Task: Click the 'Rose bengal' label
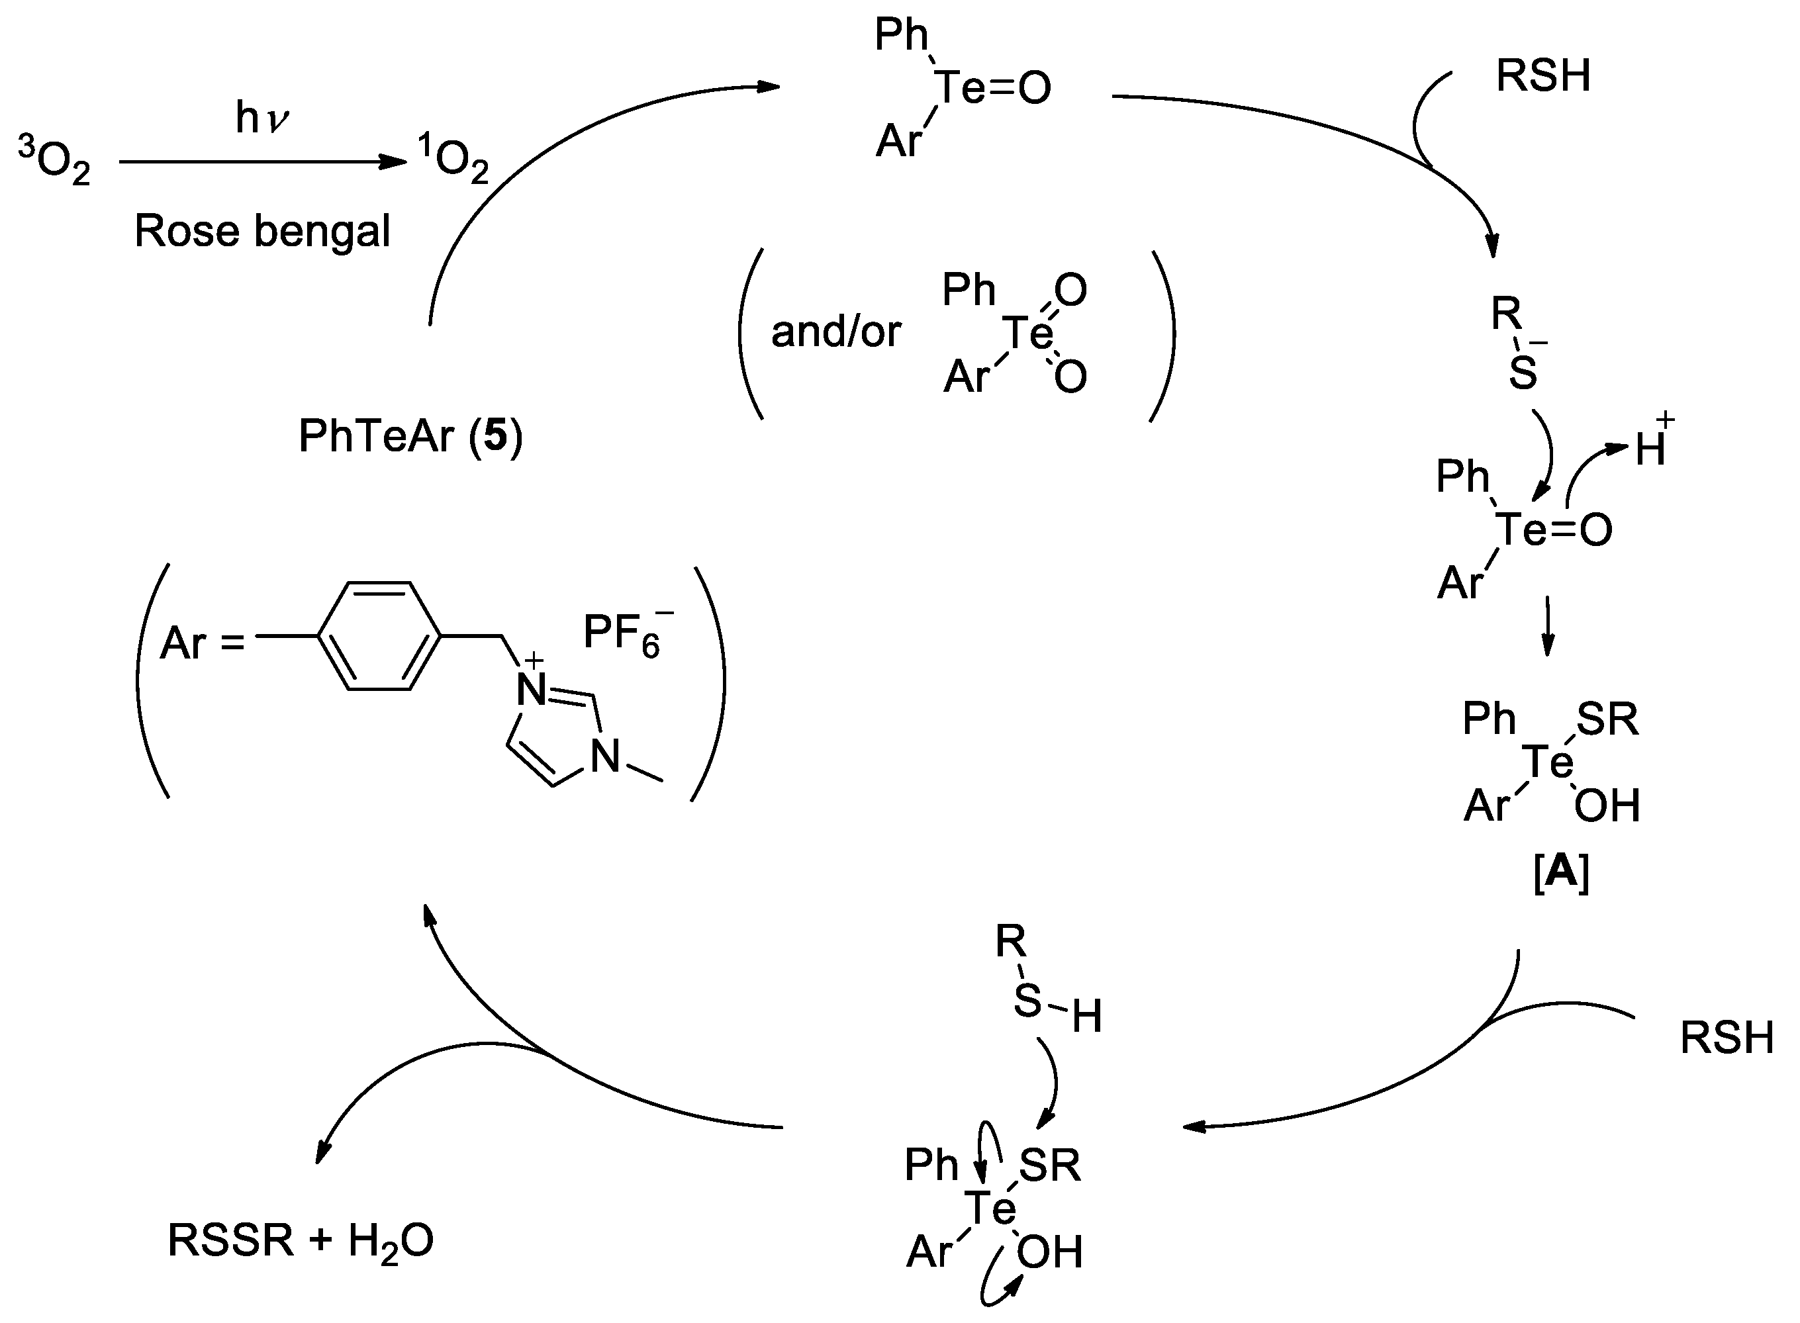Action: (262, 232)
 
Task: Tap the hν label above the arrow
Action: (262, 118)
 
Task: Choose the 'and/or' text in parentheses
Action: (835, 332)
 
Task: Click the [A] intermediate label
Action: (1560, 873)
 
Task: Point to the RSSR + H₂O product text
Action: (301, 1240)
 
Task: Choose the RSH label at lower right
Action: (1727, 1038)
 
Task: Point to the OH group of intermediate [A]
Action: (1607, 807)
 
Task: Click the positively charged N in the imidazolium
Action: (531, 689)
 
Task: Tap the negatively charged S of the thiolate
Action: (1523, 373)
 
